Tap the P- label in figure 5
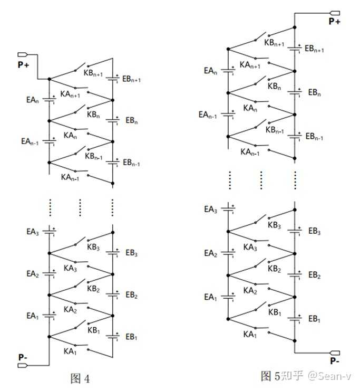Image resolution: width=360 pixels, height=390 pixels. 335,361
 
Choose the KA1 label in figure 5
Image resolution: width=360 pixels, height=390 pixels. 249,334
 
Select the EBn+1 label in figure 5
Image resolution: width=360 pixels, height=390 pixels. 315,49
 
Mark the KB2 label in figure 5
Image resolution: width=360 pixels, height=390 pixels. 274,269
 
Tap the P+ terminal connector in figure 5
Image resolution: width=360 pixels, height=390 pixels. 334,13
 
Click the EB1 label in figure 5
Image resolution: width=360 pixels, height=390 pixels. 314,319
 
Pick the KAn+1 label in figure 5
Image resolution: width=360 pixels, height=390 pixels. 250,65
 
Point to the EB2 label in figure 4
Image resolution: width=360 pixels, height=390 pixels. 132,295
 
